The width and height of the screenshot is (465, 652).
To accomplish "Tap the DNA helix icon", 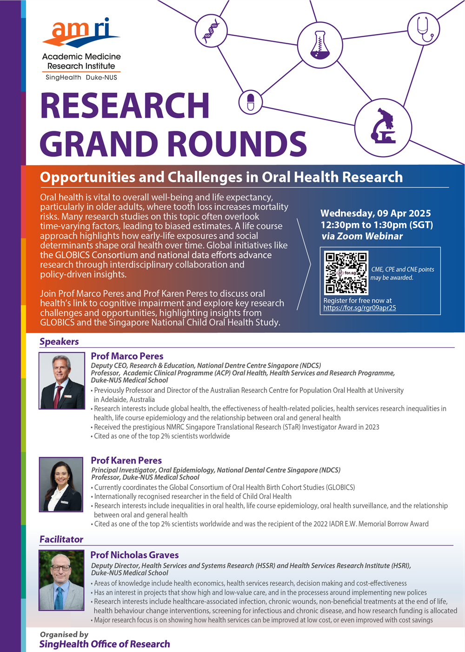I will coord(211,31).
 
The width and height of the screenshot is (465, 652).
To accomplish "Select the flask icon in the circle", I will coord(319,45).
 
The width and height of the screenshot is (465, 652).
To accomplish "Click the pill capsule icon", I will coord(251,102).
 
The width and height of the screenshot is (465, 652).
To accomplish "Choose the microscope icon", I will coord(383,127).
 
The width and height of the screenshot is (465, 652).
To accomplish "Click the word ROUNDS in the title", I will coord(237,144).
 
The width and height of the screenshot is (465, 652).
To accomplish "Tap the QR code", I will coord(346,273).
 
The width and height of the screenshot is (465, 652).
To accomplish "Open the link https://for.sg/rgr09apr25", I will coord(359,308).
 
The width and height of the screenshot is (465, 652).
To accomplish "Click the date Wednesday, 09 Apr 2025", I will coord(375,213).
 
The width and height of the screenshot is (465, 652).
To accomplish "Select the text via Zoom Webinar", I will coord(362,236).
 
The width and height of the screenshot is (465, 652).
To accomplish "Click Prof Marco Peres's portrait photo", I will coord(62,381).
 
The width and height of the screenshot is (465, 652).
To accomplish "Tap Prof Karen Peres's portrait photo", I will coord(61,484).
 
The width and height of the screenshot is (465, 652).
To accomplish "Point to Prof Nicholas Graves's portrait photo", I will coord(61,580).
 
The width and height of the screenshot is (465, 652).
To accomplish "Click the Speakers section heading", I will coord(59,342).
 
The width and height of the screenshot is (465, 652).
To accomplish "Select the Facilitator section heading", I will coord(61,539).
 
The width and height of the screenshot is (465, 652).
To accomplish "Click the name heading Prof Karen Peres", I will coord(126,460).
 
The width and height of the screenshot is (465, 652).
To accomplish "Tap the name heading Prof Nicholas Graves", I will coord(134,555).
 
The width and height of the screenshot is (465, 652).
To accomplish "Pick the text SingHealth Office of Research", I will coord(105,644).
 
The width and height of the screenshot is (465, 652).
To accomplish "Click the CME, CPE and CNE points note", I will coord(402,274).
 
